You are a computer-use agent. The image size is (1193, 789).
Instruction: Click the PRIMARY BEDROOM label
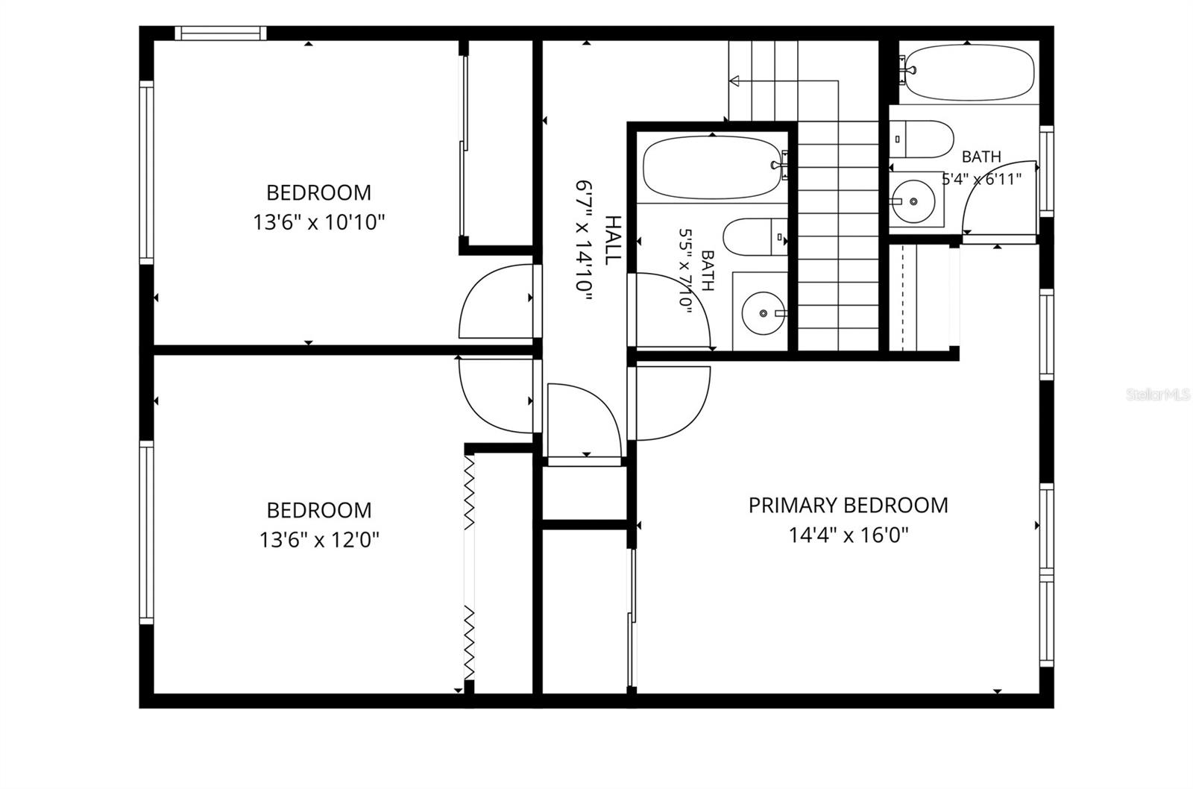coord(849,505)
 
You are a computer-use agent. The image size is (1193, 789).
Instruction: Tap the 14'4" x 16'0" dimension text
coord(849,535)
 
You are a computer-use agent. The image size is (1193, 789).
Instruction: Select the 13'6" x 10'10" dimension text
coord(318,222)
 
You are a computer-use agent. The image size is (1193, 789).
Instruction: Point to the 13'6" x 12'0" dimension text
coord(318,540)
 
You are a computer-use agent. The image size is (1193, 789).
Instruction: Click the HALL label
coord(614,240)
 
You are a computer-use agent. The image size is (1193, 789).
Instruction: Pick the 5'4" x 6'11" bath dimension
coord(981,179)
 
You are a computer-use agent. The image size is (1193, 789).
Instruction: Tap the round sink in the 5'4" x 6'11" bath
coord(913,201)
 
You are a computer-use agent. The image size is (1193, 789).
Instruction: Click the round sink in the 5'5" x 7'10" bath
coord(764,313)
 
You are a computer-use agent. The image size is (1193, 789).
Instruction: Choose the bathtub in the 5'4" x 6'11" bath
coord(970,72)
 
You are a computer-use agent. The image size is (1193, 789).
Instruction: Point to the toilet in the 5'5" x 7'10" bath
coord(755,236)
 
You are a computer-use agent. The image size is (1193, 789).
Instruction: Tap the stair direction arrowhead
coord(734,81)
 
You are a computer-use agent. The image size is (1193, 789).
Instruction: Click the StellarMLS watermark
coord(1159,394)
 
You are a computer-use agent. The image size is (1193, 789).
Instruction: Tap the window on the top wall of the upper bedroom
coord(221,33)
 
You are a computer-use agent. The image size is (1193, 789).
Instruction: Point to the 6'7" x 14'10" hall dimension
coord(585,243)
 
